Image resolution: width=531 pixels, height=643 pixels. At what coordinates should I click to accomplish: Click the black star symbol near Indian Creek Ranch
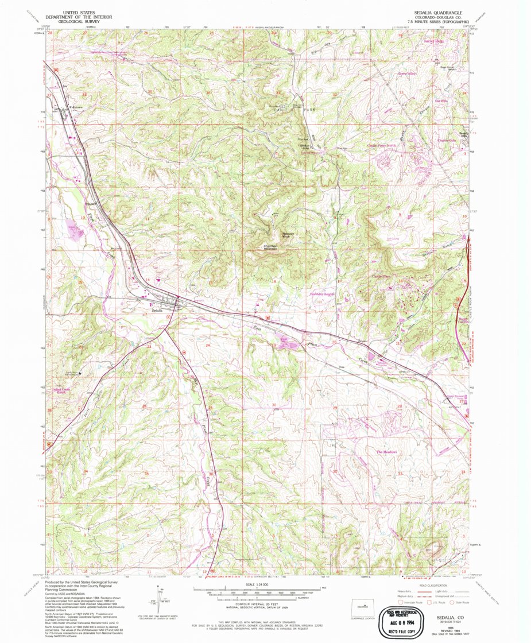click(x=80, y=373)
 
